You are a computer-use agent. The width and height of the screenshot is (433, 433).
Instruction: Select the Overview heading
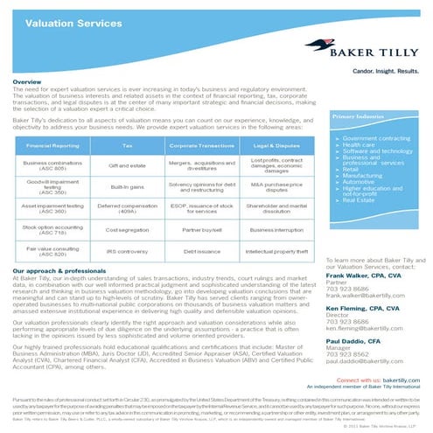[x=28, y=81]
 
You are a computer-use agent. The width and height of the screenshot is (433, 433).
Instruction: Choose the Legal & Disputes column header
[x=277, y=145]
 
